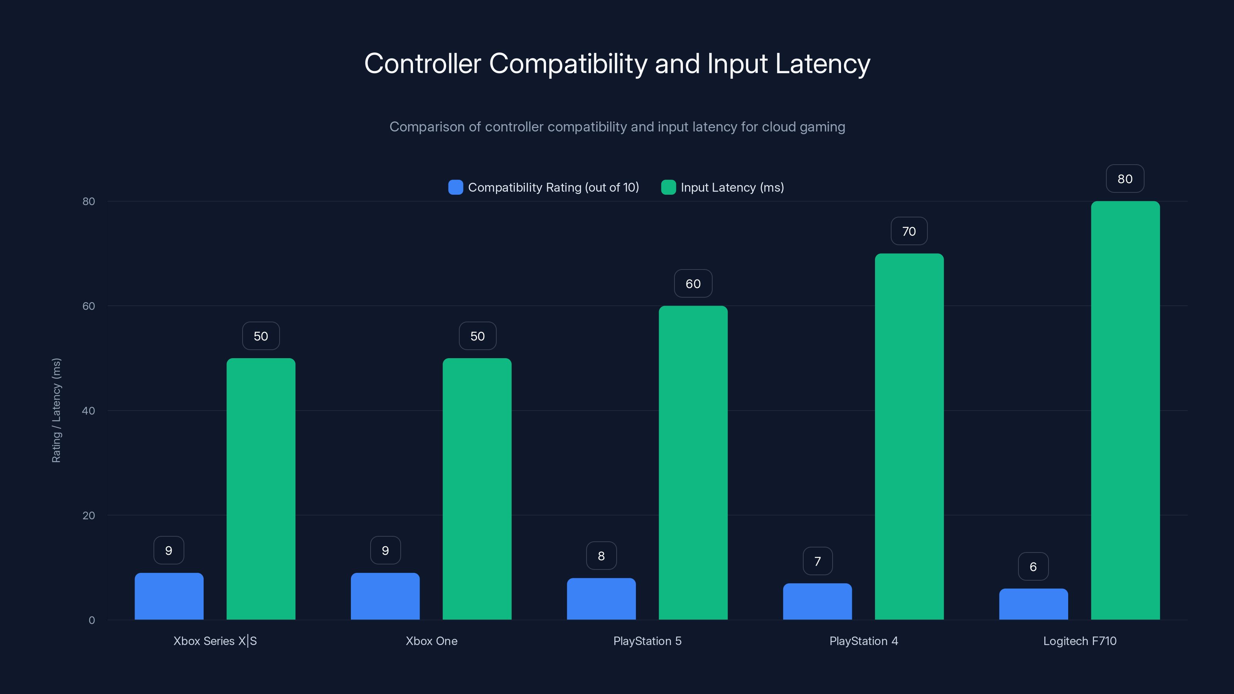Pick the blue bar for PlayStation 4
point(817,601)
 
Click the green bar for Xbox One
point(477,488)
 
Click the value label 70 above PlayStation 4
point(909,231)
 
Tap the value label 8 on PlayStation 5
point(601,556)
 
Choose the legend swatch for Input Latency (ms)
point(668,187)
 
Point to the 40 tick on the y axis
point(88,411)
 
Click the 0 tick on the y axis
point(91,620)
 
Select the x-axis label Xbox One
point(431,641)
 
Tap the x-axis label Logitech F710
point(1079,641)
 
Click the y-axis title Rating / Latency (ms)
point(56,411)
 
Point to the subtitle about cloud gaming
point(617,126)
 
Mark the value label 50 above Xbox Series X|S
point(261,336)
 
